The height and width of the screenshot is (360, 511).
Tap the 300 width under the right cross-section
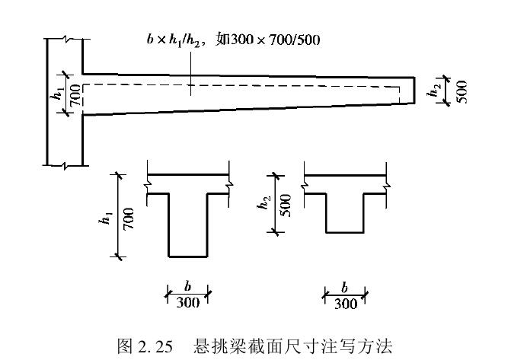pos(345,301)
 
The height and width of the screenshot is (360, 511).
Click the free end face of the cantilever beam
pos(414,90)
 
